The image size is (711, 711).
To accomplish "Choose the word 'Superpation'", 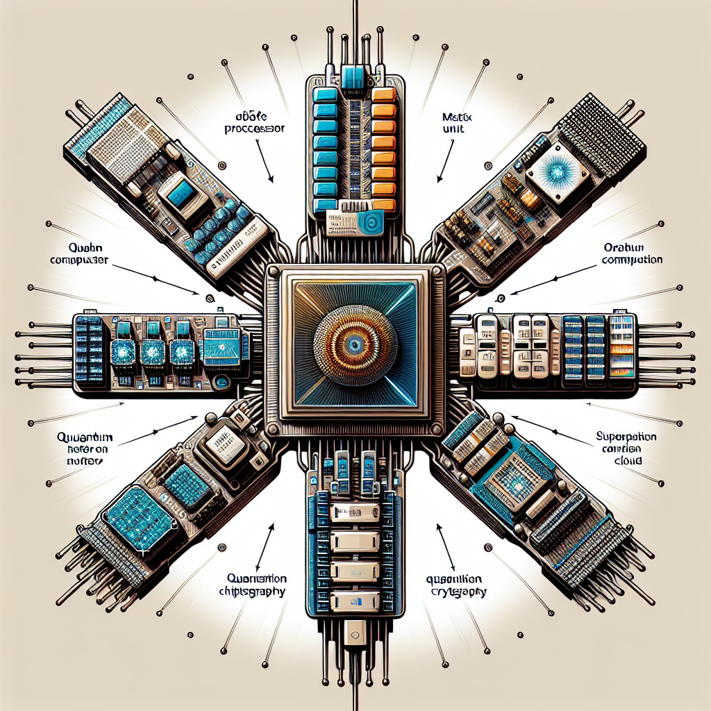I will pos(627,437).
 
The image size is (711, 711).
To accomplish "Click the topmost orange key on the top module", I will pos(384,95).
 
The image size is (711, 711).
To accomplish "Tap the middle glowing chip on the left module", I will pos(152,352).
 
